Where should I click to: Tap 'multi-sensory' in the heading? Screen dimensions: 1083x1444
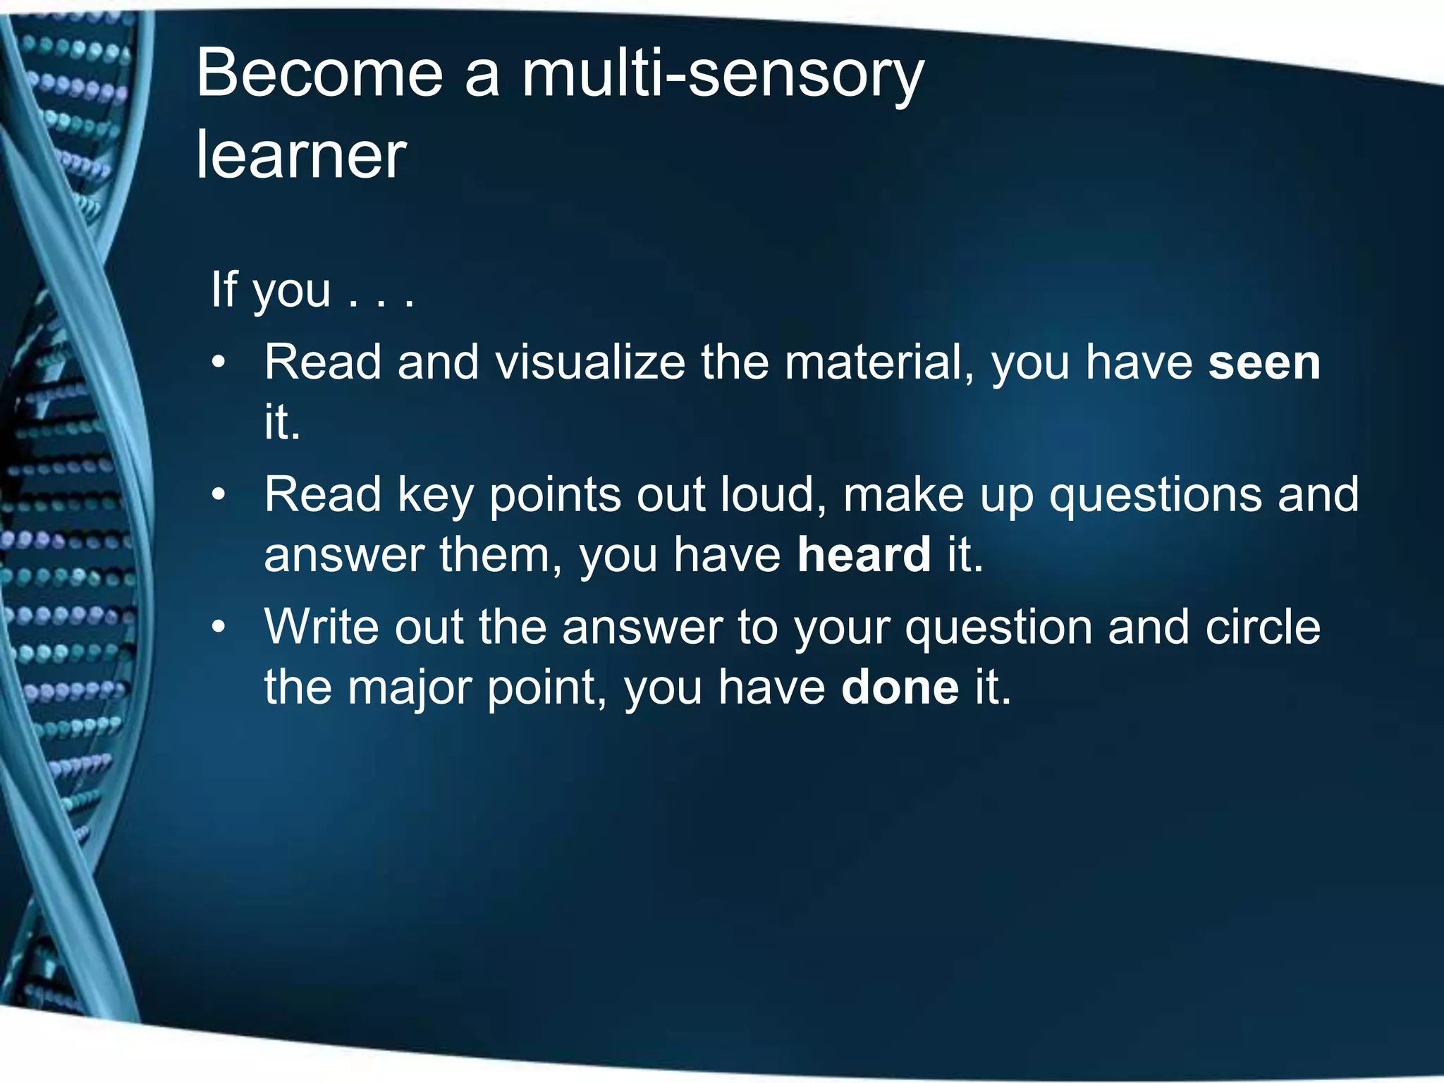coord(722,74)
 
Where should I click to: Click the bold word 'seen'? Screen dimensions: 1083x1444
coord(1263,363)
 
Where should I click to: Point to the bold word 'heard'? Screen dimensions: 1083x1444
coord(864,555)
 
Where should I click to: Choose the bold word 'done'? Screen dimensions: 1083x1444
coord(900,687)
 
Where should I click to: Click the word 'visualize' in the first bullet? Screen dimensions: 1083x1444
coord(589,363)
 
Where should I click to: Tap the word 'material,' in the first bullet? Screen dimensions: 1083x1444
coord(880,363)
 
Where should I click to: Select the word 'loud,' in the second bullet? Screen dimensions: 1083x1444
coord(774,495)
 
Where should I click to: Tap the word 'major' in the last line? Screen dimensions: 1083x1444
coord(409,687)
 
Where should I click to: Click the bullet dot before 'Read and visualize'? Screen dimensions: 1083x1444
coord(219,364)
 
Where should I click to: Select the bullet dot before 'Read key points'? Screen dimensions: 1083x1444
coord(219,496)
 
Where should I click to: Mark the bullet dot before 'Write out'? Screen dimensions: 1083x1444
coord(219,628)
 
